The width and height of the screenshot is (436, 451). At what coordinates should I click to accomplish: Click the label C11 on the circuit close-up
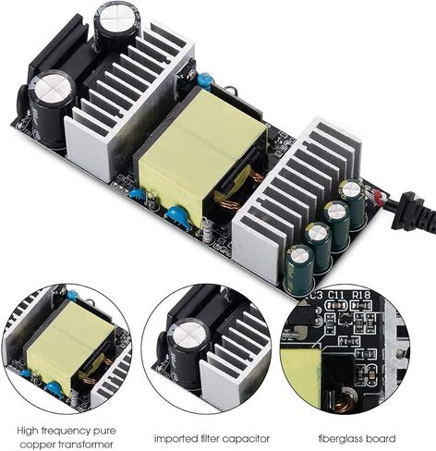click(334, 297)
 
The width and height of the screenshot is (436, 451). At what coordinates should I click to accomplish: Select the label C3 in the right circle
click(315, 296)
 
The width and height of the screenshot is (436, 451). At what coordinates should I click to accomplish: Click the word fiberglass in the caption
click(344, 438)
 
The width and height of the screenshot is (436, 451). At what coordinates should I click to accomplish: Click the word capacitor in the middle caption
click(250, 438)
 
